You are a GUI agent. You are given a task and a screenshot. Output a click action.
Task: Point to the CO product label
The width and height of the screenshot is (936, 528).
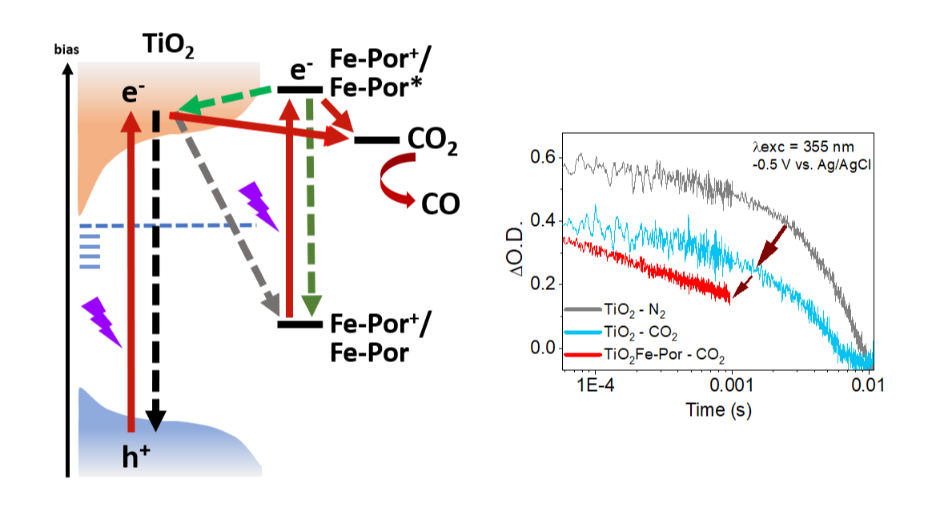click(x=440, y=204)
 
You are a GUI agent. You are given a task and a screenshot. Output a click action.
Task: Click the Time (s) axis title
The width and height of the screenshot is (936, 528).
click(x=718, y=410)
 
